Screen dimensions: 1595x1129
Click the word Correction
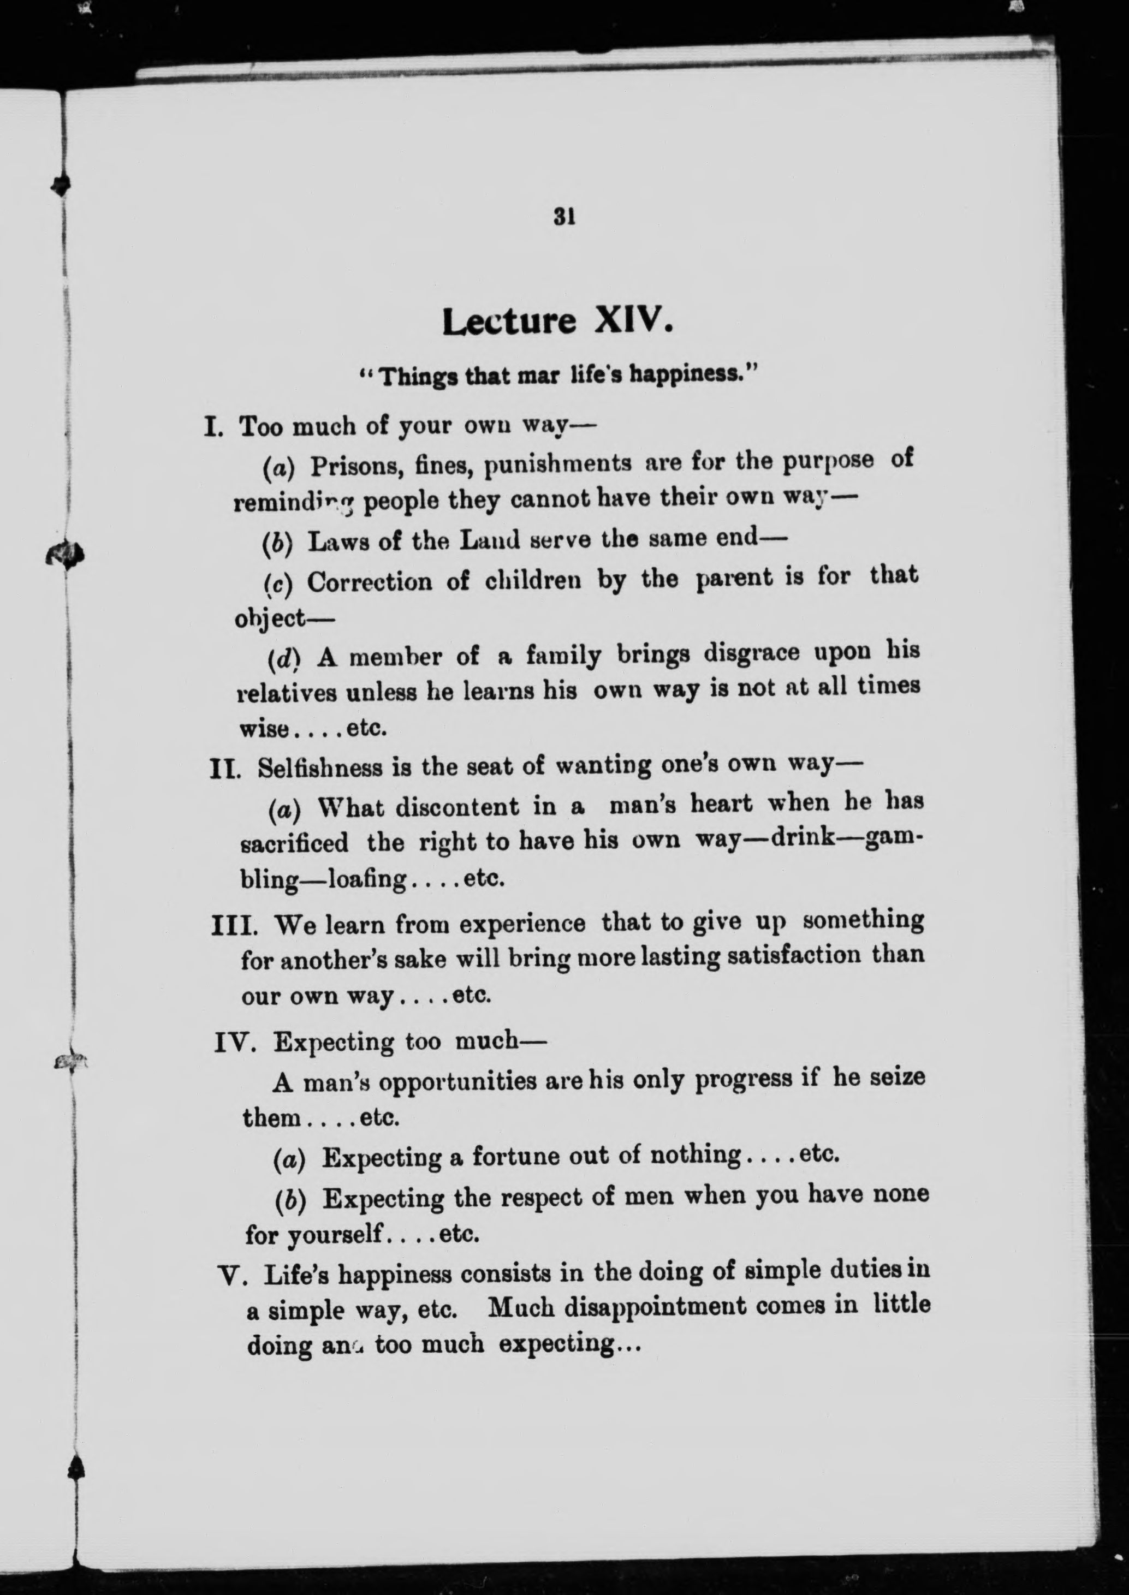coord(369,581)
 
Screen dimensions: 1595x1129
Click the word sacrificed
coord(294,843)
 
